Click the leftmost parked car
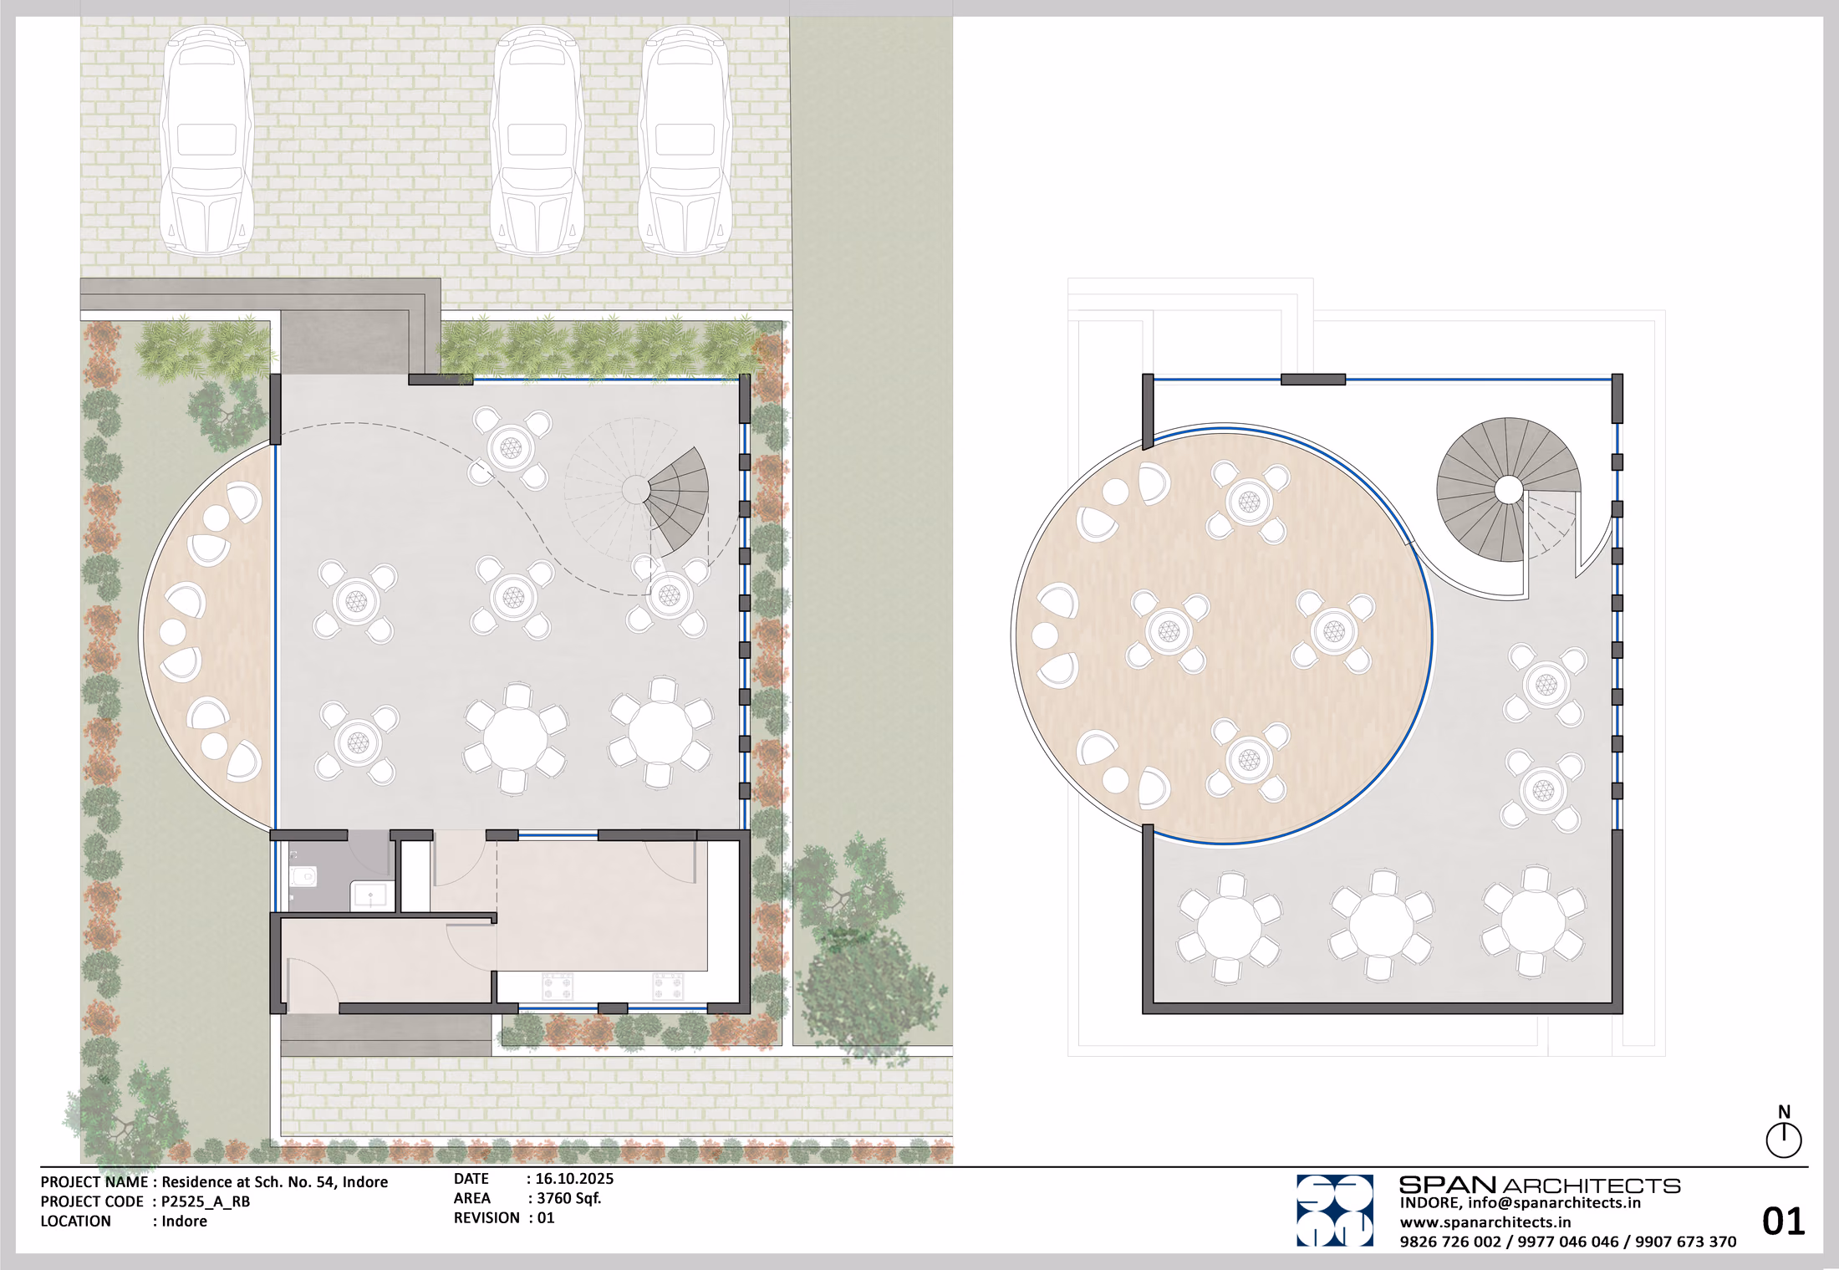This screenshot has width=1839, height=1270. [x=206, y=140]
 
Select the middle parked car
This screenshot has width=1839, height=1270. [x=537, y=140]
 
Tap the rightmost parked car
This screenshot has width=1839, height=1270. [x=685, y=140]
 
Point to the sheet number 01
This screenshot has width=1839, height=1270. [x=1783, y=1222]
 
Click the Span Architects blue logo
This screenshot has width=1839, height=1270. [x=1334, y=1211]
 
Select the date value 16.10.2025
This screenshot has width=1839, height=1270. [x=574, y=1179]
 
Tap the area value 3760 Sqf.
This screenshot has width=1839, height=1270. [x=568, y=1198]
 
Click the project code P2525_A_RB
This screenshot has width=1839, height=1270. [x=206, y=1201]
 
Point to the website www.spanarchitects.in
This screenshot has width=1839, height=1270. [x=1485, y=1222]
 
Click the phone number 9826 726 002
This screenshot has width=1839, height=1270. [x=1450, y=1242]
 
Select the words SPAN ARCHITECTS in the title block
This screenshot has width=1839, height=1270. [x=1540, y=1186]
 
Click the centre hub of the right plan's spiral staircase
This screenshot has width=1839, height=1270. [x=1508, y=490]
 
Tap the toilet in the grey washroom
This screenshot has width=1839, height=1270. [x=303, y=876]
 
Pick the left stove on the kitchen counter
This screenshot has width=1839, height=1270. [x=558, y=986]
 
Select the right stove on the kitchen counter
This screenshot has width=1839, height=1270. [x=668, y=986]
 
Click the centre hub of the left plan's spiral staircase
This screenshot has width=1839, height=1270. [x=635, y=490]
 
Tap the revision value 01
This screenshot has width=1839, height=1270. [x=546, y=1218]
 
